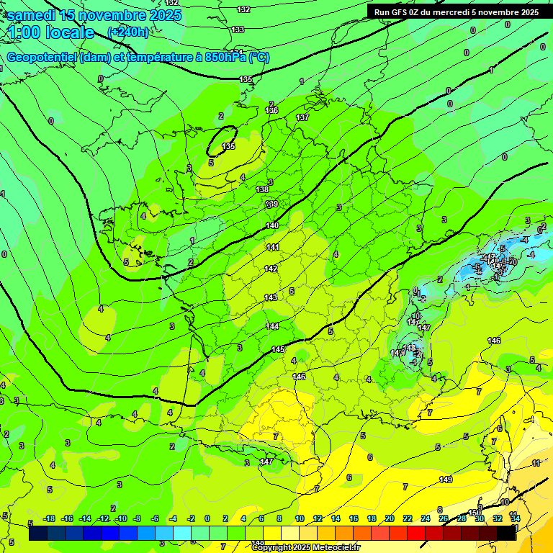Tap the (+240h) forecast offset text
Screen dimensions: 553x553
[x=128, y=32]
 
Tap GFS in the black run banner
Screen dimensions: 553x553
[x=400, y=12]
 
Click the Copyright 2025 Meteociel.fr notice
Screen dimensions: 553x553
[x=305, y=548]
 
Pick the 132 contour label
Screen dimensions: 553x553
[x=243, y=9]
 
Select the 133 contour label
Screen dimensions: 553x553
[x=238, y=30]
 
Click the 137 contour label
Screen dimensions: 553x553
[x=302, y=117]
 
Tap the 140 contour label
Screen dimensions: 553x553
[x=272, y=226]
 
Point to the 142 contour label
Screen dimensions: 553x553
[x=271, y=269]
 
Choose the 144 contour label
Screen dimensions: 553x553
[x=272, y=326]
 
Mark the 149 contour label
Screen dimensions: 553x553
[x=446, y=480]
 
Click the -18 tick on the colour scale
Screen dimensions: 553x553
[x=50, y=518]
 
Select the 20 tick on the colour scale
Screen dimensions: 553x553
[x=390, y=518]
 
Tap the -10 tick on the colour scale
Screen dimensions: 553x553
[x=121, y=518]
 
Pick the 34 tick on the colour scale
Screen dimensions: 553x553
[x=516, y=518]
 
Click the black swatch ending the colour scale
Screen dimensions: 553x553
[x=507, y=533]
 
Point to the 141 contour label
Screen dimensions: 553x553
[x=273, y=247]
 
